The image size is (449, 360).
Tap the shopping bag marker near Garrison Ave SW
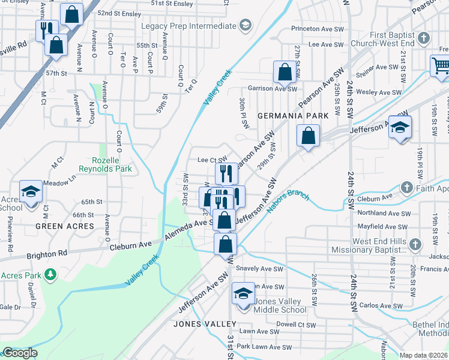285,73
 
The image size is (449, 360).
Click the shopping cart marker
441,65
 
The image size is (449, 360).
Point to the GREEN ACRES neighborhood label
65,226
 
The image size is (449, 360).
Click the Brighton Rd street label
46,254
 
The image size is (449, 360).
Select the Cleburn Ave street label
130,245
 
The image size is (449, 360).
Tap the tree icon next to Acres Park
52,275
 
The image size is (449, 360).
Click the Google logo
20,353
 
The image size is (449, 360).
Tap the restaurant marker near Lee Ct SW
226,174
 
